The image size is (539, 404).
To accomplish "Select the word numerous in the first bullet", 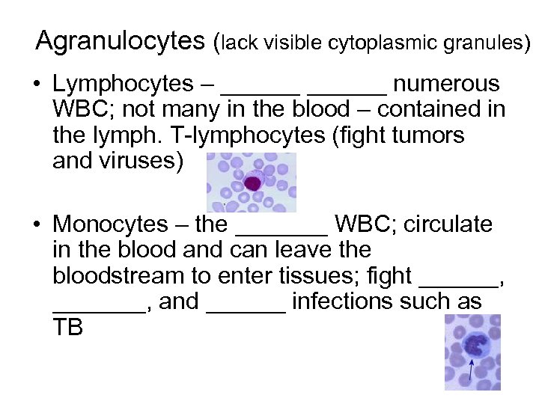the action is coord(446,85).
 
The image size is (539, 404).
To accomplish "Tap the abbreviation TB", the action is coord(67,328).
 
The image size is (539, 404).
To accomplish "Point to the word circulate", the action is coord(450,224).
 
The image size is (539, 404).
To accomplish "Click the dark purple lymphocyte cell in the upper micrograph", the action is coord(253,182).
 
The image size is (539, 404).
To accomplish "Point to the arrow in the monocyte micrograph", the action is coord(471,369).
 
